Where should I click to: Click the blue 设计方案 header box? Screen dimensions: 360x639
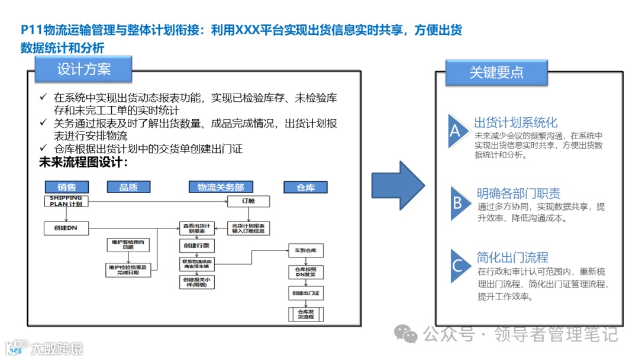[x=83, y=70]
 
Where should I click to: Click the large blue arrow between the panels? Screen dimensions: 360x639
[x=398, y=186]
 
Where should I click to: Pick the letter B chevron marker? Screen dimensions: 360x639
[x=457, y=203]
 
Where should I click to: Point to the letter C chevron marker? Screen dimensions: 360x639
[x=457, y=265]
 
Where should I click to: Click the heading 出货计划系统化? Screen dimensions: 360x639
[x=515, y=123]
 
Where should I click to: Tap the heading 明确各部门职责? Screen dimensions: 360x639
[x=518, y=194]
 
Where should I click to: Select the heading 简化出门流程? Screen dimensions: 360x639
[x=512, y=258]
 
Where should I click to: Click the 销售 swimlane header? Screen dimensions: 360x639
[x=66, y=187]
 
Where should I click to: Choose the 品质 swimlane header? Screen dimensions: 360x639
[x=128, y=187]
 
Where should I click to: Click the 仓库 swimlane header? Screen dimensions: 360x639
[x=305, y=188]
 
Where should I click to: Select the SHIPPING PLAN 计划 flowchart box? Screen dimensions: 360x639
[x=66, y=201]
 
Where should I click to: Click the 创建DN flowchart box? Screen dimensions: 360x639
[x=64, y=228]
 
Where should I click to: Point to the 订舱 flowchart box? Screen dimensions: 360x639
[x=248, y=201]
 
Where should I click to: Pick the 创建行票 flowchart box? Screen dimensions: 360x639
[x=196, y=245]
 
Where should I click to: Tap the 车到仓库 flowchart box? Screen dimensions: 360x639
[x=306, y=251]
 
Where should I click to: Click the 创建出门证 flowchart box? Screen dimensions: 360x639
[x=306, y=292]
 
